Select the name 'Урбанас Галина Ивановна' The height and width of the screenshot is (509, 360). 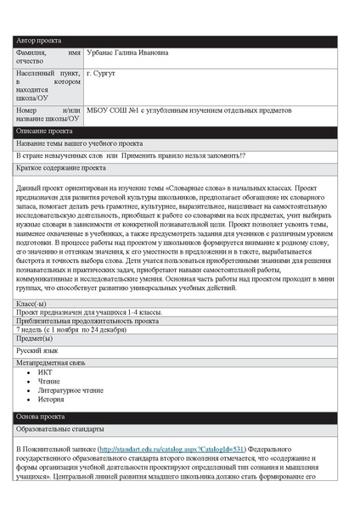127,53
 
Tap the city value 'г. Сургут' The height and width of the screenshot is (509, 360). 101,74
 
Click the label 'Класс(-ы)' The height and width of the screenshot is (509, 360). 31,302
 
